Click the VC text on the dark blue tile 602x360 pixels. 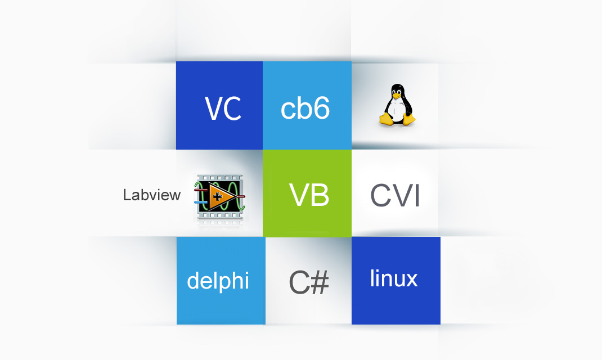coord(223,109)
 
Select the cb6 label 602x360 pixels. coord(305,109)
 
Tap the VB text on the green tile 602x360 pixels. coord(309,195)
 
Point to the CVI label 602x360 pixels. coord(395,196)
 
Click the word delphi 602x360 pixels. coord(218,280)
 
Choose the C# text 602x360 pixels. coord(309,283)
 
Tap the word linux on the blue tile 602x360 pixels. coord(394,278)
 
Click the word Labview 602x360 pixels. coord(152,195)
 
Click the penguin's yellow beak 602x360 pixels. coord(398,95)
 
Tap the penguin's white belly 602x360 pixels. coord(398,109)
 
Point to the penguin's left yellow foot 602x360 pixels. coord(385,119)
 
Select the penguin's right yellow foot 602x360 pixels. coord(409,119)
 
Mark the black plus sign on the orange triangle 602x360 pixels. coord(217,196)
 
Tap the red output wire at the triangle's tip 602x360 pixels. coord(239,196)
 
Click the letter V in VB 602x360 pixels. coord(299,195)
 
